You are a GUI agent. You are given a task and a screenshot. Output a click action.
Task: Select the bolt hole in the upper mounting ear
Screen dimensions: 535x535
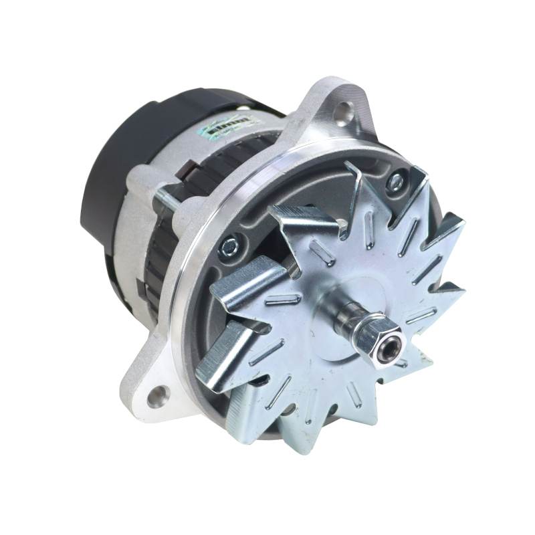click(x=344, y=109)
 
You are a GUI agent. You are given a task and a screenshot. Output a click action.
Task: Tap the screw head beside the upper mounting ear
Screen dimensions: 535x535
click(x=396, y=179)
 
